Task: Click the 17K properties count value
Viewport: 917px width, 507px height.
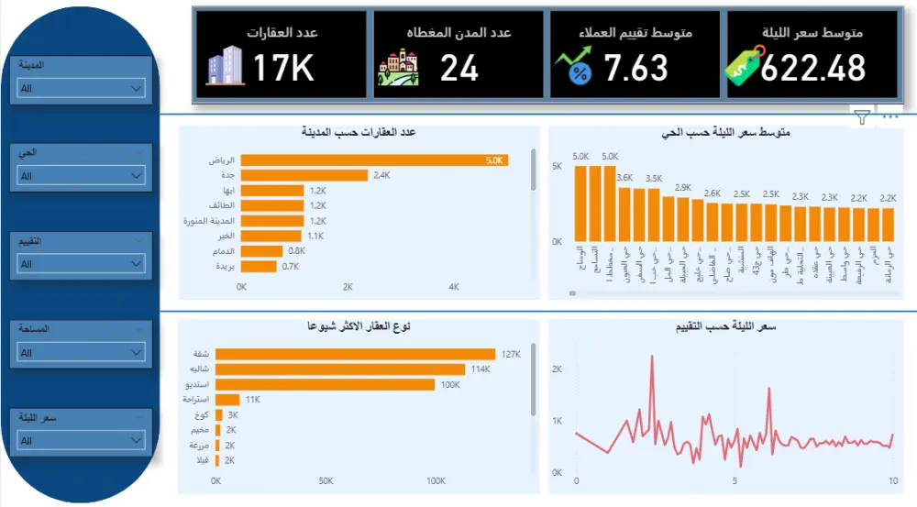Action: pos(284,68)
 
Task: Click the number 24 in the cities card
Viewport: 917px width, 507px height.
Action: pos(458,68)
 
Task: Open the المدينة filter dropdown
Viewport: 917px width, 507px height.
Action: pos(81,89)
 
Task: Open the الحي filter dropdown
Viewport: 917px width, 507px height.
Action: pos(81,176)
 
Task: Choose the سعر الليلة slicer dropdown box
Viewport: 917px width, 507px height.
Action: pos(81,441)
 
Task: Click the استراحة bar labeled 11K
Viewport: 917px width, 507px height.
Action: pos(227,400)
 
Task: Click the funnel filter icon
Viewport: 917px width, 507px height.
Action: pos(861,116)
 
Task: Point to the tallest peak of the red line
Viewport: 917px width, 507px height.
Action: pos(651,358)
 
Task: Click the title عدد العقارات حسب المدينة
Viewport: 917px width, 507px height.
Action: pos(359,132)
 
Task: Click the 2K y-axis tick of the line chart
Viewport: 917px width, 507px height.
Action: pos(556,369)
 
